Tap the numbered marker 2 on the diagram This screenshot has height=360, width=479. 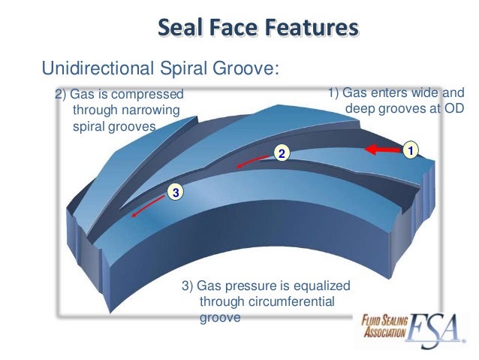[282, 153]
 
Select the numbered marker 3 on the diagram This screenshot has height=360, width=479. [175, 192]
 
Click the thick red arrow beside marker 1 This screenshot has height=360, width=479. [381, 150]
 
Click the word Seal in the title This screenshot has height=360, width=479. [185, 29]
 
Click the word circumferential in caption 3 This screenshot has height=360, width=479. [286, 302]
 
